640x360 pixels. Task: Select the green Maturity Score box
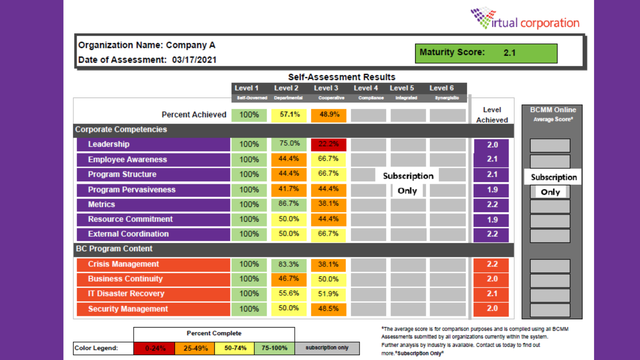(x=486, y=53)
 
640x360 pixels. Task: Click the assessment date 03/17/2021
(x=194, y=60)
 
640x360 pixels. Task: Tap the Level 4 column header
(x=366, y=88)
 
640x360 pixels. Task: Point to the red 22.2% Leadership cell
(x=328, y=144)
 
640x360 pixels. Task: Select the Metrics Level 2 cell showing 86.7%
(x=289, y=204)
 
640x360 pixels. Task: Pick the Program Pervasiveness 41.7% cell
(x=289, y=189)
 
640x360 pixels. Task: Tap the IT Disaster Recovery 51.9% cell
(x=328, y=294)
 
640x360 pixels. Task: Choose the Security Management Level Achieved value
(x=492, y=309)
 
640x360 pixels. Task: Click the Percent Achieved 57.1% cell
(x=289, y=115)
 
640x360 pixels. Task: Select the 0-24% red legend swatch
(x=154, y=348)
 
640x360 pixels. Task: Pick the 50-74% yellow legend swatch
(x=235, y=348)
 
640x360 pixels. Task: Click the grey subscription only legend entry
(x=327, y=348)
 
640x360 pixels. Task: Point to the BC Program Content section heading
(x=114, y=249)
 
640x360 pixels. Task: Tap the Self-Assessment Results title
(x=342, y=77)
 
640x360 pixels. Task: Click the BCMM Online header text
(x=553, y=110)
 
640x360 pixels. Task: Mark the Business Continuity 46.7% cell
(x=289, y=279)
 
